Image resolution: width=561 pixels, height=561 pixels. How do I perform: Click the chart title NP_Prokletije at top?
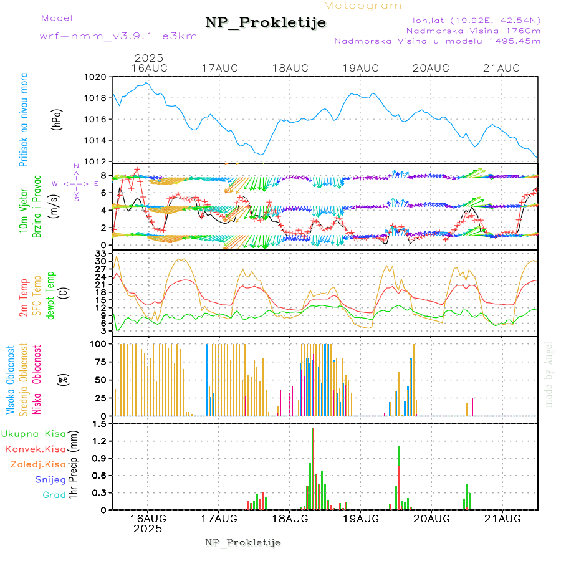pos(266,22)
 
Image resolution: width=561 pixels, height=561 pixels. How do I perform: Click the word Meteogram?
pos(363,6)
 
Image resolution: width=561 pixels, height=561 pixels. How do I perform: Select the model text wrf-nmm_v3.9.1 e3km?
pos(118,36)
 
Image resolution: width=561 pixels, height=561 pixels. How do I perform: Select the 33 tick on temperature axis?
pos(100,254)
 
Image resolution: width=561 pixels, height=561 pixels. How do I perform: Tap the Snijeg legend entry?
pos(50,479)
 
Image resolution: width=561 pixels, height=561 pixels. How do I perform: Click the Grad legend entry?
pos(54,495)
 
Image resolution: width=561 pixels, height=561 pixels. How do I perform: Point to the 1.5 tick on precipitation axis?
pos(99,424)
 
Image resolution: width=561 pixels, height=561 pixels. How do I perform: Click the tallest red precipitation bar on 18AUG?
pos(313,467)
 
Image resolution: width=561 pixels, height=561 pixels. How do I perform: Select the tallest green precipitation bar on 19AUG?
pos(399,477)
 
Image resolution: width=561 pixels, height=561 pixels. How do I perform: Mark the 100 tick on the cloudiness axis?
pos(98,343)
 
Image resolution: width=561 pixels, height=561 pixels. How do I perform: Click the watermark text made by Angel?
pos(549,374)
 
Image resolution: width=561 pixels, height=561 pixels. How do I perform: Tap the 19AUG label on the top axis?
pos(361,68)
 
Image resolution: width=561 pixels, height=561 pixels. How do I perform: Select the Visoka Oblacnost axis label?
pos(10,380)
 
